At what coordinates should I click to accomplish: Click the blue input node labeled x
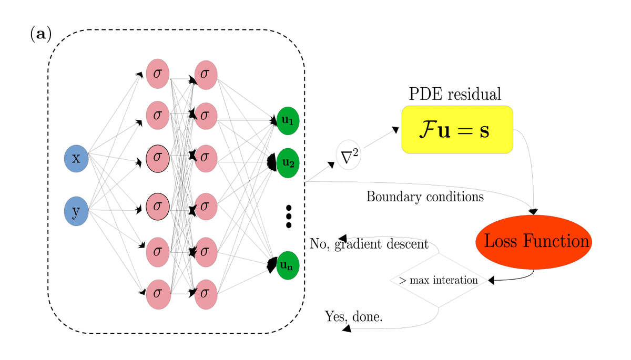pyautogui.click(x=76, y=158)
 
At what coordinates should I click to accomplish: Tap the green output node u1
pyautogui.click(x=288, y=120)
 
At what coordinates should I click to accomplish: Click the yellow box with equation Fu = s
pyautogui.click(x=457, y=130)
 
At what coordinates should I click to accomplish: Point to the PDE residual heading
pyautogui.click(x=455, y=94)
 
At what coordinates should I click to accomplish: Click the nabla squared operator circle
pyautogui.click(x=348, y=156)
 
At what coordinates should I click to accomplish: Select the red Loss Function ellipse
pyautogui.click(x=534, y=242)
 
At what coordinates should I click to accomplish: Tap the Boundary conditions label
pyautogui.click(x=424, y=197)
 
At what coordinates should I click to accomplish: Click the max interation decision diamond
pyautogui.click(x=439, y=281)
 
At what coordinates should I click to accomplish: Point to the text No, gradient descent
pyautogui.click(x=369, y=244)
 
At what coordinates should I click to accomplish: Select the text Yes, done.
pyautogui.click(x=353, y=317)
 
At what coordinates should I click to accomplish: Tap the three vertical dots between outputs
pyautogui.click(x=288, y=216)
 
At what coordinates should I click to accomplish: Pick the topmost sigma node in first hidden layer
pyautogui.click(x=157, y=74)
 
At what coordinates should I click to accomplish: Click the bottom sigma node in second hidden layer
pyautogui.click(x=206, y=294)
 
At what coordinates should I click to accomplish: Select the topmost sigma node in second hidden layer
pyautogui.click(x=206, y=74)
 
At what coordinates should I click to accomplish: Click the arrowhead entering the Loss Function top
pyautogui.click(x=533, y=212)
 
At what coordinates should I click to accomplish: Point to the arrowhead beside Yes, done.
pyautogui.click(x=347, y=328)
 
